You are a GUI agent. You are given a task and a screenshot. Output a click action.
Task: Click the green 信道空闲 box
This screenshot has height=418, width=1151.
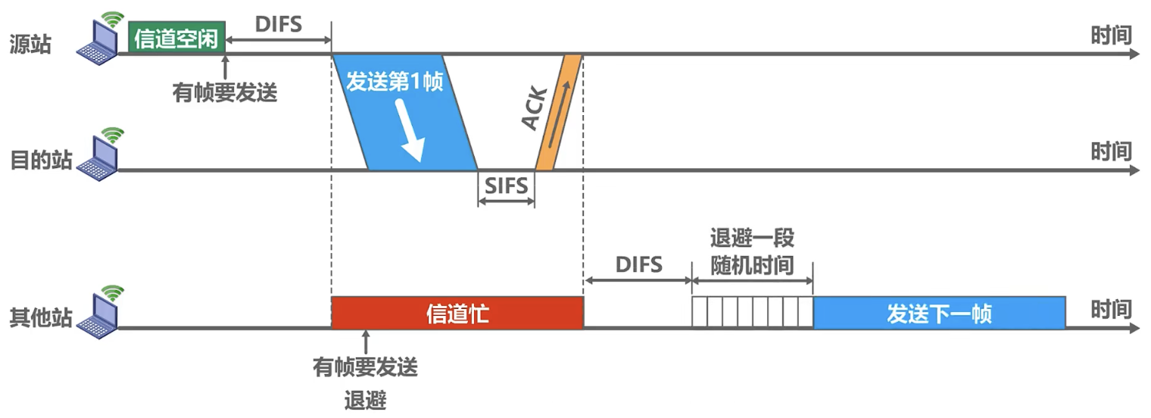[x=176, y=36]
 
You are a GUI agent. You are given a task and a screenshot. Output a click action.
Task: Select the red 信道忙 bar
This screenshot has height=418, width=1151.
[x=457, y=313]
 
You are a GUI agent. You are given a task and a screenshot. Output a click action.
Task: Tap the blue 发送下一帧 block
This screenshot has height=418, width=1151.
[x=939, y=313]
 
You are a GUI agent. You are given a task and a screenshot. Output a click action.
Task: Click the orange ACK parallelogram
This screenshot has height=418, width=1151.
[x=559, y=113]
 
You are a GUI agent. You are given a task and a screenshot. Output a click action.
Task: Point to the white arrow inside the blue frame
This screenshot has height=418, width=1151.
[x=411, y=130]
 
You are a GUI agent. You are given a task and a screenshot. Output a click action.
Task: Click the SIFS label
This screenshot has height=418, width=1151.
[x=506, y=186]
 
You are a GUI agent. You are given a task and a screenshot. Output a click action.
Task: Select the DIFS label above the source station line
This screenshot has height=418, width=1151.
[x=279, y=24]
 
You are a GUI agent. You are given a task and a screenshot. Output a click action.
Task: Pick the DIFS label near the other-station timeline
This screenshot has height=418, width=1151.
[x=638, y=264]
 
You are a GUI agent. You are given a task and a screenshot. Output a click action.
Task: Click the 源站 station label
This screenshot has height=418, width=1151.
[x=30, y=44]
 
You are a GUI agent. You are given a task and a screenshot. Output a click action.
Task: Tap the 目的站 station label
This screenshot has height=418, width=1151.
[x=41, y=160]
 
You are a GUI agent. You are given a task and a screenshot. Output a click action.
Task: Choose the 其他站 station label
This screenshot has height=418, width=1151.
[x=41, y=317]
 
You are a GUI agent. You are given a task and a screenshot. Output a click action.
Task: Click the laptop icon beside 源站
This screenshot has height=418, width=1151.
[x=99, y=39]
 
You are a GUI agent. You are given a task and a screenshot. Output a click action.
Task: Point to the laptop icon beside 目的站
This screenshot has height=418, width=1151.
[x=99, y=154]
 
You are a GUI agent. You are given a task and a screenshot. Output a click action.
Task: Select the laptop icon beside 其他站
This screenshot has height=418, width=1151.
[x=99, y=312]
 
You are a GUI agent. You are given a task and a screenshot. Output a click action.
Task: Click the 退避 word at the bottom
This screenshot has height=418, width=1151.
[x=365, y=400]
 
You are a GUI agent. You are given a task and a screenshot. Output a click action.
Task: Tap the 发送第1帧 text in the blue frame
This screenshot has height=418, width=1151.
[x=395, y=81]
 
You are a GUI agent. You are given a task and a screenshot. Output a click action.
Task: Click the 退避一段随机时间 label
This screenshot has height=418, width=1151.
[x=752, y=252]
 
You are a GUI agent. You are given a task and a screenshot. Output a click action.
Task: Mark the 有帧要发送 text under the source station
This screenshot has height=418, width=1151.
[x=225, y=92]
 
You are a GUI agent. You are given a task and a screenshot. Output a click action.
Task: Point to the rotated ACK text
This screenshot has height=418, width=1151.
[x=535, y=108]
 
